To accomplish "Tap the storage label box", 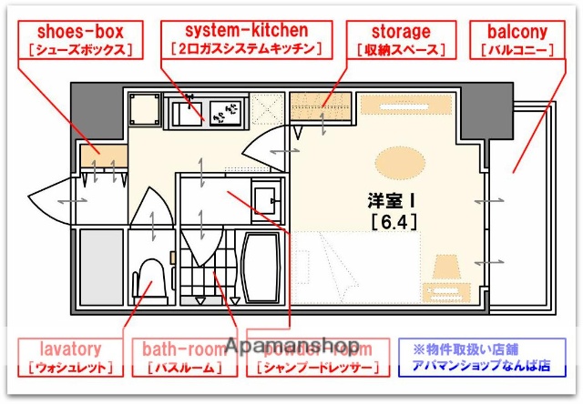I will point(402,40).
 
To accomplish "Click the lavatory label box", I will point(70,358).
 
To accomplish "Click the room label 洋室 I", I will point(391,200).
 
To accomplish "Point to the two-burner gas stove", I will point(225,113).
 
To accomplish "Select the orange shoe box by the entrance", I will point(102,156).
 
